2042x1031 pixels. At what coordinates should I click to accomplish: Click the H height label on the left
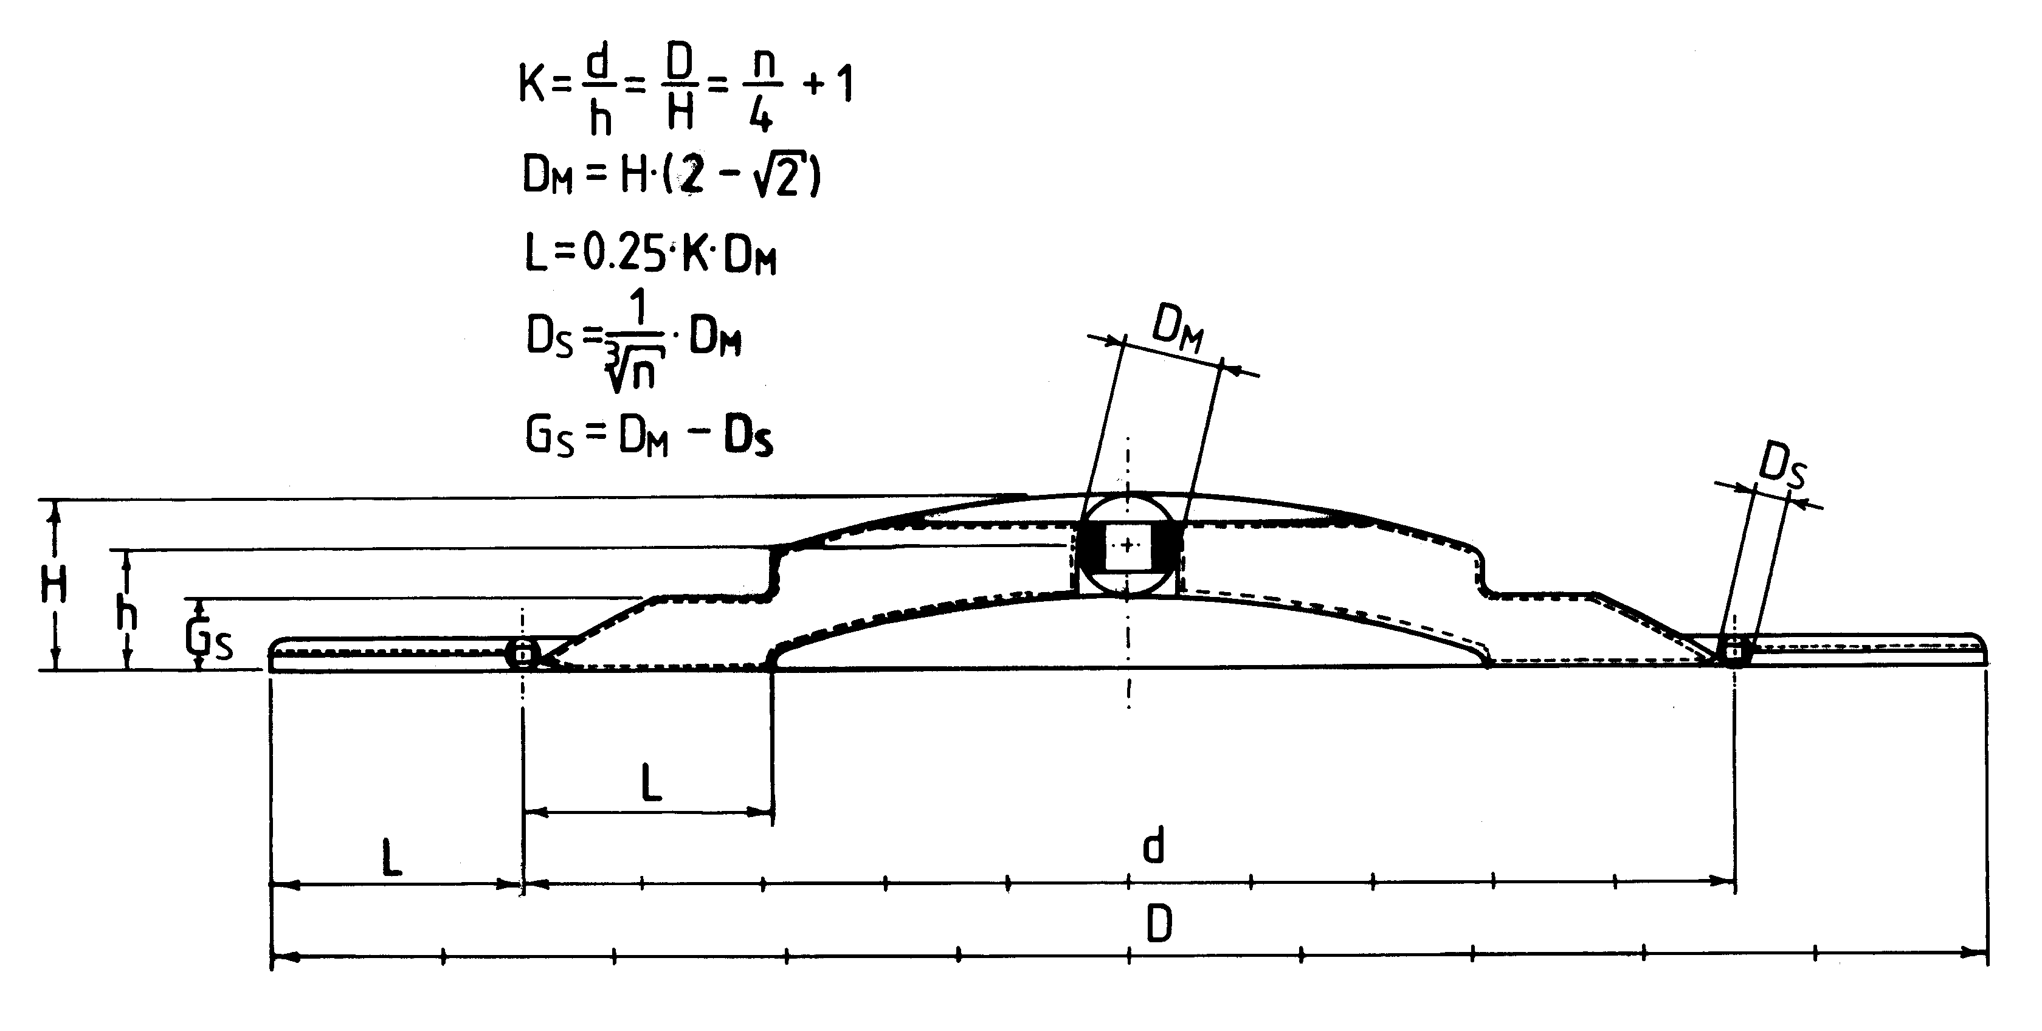coord(54,585)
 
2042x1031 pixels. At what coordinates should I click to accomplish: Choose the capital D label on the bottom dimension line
coord(1159,924)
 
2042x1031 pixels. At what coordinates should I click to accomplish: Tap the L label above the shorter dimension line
coord(651,782)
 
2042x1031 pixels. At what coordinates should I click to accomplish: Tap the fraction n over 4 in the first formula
coord(762,91)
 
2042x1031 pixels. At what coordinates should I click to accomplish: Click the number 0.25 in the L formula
coord(621,253)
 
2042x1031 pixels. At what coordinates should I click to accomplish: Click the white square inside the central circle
coord(1127,545)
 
